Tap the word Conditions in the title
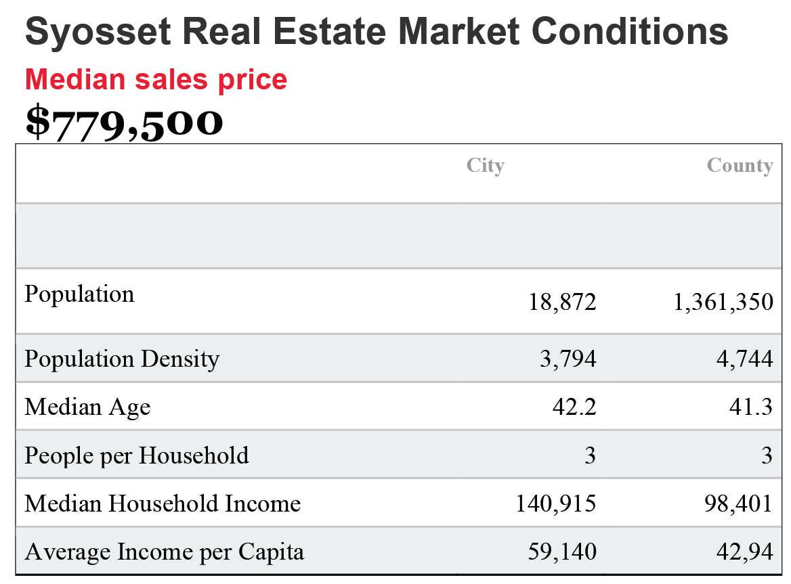click(x=630, y=31)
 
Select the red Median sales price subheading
click(x=156, y=80)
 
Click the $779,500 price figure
click(x=124, y=122)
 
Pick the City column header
click(x=486, y=166)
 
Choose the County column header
click(x=740, y=166)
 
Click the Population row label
click(x=80, y=294)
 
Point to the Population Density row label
click(x=122, y=359)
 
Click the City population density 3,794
click(x=568, y=359)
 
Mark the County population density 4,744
click(x=745, y=359)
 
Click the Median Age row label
click(x=88, y=407)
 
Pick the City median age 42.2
click(x=574, y=407)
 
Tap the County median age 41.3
click(x=751, y=407)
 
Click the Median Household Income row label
click(x=163, y=503)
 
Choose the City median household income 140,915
click(x=556, y=504)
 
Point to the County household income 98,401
click(x=739, y=504)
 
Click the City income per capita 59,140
click(x=563, y=552)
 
